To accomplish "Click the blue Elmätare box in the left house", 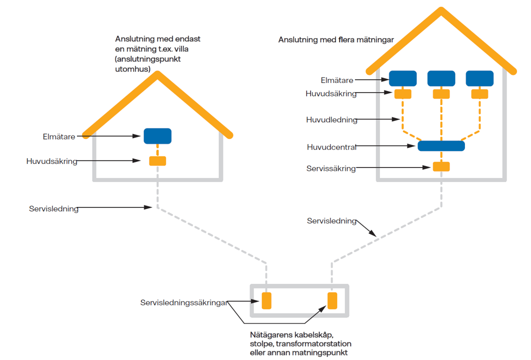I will [x=157, y=136].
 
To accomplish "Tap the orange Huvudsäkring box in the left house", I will [x=157, y=161].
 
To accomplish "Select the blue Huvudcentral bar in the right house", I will [x=441, y=146].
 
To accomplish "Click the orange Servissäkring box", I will [x=441, y=167].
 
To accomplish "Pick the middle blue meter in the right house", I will [x=441, y=78].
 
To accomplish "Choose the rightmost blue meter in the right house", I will [x=479, y=78].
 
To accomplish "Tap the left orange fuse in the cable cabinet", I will [x=266, y=300].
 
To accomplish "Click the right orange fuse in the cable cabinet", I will [x=332, y=300].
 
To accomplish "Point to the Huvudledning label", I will [x=331, y=120].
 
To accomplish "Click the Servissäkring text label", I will [x=331, y=169].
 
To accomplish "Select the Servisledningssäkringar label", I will [x=184, y=302].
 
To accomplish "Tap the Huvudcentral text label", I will [x=331, y=147].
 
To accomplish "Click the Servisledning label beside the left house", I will [x=53, y=209].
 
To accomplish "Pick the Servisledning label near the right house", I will [x=331, y=220].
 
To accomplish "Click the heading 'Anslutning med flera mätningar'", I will [x=336, y=39].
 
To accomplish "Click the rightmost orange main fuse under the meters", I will [x=479, y=93].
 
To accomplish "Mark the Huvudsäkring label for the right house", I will [x=331, y=93].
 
